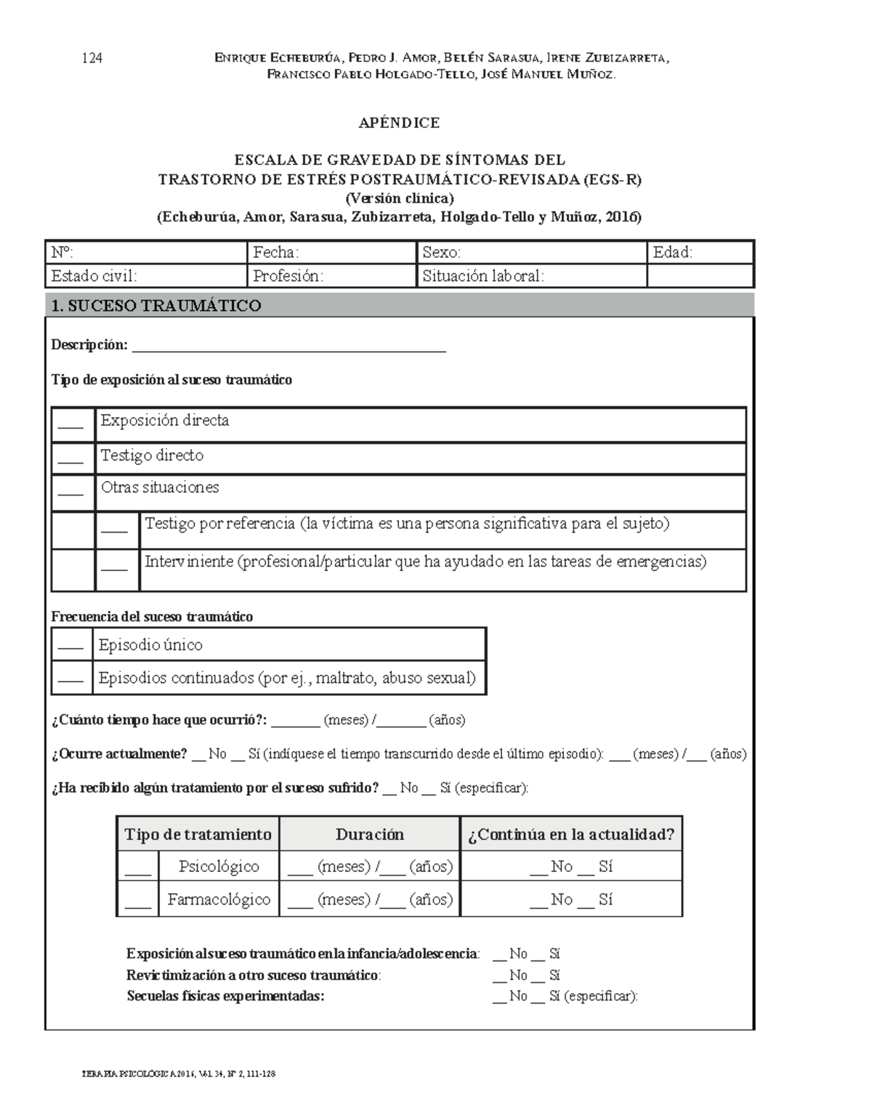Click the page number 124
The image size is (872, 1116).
coord(92,59)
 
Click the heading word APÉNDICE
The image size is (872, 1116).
coord(399,123)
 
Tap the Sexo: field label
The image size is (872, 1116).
coord(441,253)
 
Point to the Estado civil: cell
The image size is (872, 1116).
coord(94,276)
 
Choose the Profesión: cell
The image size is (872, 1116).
coord(288,276)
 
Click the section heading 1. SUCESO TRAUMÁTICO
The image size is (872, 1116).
coord(156,306)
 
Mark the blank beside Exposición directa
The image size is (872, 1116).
coord(70,425)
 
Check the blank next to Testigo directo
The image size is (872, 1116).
coord(70,460)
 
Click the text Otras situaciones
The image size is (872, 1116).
coord(160,488)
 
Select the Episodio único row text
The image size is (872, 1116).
coord(150,645)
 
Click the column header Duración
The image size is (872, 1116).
coord(369,834)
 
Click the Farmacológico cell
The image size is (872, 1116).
coord(219,899)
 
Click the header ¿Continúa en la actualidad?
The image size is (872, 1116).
coord(571,834)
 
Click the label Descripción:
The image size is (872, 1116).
coord(89,345)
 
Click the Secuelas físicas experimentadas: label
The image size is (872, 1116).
coord(225,996)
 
